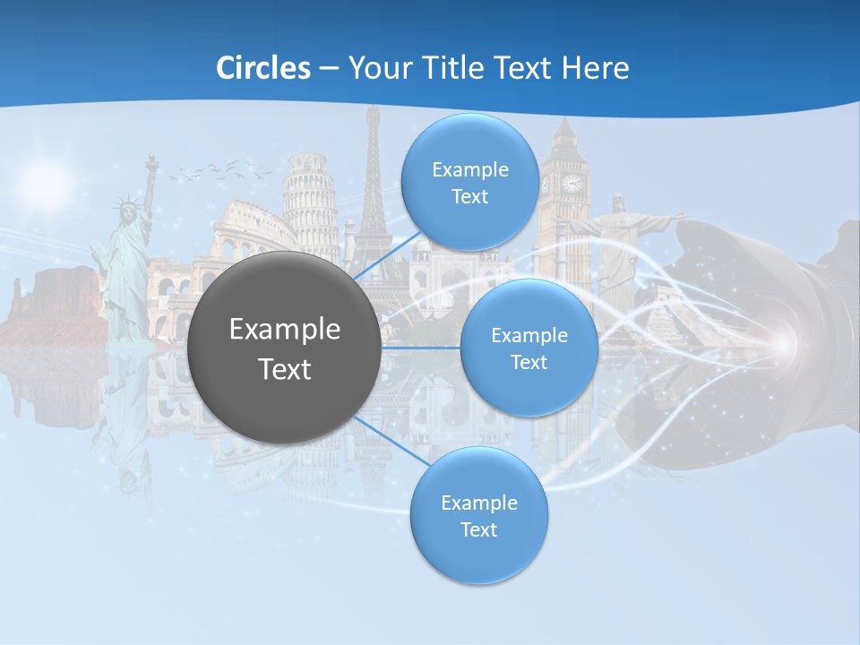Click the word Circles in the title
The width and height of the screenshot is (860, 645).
pyautogui.click(x=263, y=68)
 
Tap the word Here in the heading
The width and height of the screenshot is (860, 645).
pyautogui.click(x=595, y=68)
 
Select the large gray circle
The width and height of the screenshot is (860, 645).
pyautogui.click(x=283, y=347)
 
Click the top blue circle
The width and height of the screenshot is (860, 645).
pyautogui.click(x=469, y=183)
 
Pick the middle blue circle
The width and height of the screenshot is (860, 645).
pyautogui.click(x=529, y=348)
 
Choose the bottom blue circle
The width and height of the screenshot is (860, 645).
pyautogui.click(x=478, y=516)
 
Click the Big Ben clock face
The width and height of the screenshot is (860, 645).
pyautogui.click(x=571, y=183)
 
